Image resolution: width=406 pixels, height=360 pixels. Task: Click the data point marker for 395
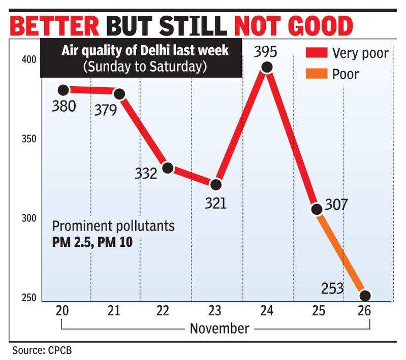[266, 68]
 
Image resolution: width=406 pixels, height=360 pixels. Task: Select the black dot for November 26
[365, 296]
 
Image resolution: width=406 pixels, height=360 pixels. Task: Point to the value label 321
[216, 203]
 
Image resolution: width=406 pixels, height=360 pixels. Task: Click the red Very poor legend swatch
[316, 53]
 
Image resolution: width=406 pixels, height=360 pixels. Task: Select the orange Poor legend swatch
[316, 74]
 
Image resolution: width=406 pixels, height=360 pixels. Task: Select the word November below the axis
[220, 329]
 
